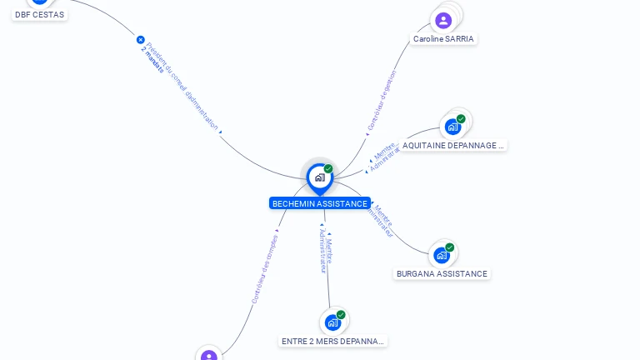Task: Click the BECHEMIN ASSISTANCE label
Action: [319, 203]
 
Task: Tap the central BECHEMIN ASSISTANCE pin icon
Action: [319, 177]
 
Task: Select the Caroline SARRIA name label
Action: [443, 39]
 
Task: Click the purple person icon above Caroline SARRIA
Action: [443, 20]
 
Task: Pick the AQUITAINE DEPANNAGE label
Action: [452, 146]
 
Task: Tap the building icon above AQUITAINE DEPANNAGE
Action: [452, 127]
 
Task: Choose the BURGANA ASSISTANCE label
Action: [442, 274]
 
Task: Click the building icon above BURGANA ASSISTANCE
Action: [442, 255]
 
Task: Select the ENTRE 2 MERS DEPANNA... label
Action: [333, 342]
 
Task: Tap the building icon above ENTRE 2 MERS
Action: [333, 322]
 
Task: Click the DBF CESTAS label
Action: [39, 15]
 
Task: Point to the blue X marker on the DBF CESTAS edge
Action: [140, 39]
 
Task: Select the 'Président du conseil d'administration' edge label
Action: [182, 82]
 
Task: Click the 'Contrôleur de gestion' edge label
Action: [382, 100]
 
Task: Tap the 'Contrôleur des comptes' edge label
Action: [265, 267]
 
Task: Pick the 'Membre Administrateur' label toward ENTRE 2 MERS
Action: [326, 253]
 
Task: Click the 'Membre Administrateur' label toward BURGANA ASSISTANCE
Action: [383, 221]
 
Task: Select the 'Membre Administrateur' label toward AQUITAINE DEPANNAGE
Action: [384, 157]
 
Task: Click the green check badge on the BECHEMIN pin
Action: [328, 169]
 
